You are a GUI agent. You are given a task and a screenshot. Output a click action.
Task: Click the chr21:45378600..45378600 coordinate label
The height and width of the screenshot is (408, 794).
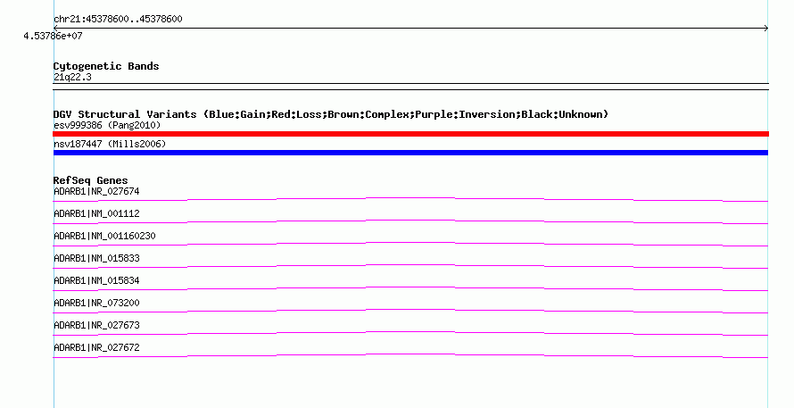[118, 20]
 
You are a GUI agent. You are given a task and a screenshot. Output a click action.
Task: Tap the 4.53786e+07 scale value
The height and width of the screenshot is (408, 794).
[53, 36]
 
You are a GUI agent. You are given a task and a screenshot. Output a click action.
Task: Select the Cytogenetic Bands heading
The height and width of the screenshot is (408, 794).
[106, 66]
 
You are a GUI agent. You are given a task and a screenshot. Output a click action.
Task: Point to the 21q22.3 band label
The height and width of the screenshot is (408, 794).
[72, 77]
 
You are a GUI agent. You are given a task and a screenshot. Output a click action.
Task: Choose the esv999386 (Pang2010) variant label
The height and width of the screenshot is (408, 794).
[107, 125]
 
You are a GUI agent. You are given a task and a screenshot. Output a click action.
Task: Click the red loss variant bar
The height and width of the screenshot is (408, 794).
[410, 134]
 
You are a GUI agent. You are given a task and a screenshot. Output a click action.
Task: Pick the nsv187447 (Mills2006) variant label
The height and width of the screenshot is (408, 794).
[110, 144]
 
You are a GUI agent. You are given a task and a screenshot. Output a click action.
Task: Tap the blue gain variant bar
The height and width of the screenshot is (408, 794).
[410, 153]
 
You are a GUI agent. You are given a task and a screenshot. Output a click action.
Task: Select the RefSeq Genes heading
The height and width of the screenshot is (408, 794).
[91, 180]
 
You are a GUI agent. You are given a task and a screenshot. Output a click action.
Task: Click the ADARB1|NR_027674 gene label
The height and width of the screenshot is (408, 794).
[96, 192]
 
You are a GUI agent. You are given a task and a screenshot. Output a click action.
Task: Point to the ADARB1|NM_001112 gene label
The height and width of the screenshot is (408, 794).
[96, 214]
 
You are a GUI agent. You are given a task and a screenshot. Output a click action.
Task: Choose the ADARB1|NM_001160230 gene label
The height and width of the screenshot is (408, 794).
[104, 237]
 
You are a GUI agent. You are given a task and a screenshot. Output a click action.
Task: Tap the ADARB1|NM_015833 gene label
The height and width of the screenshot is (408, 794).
[96, 259]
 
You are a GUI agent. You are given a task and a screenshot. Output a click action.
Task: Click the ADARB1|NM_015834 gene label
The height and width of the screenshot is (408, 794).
[96, 281]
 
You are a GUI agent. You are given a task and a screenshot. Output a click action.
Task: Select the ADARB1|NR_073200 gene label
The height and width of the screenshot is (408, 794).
[96, 303]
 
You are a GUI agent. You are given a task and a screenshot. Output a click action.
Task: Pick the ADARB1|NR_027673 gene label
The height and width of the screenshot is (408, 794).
[96, 325]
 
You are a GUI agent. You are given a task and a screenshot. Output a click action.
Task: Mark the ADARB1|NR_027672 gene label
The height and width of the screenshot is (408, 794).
[96, 347]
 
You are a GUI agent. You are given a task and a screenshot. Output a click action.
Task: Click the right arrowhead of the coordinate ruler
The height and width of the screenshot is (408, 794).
[766, 29]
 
